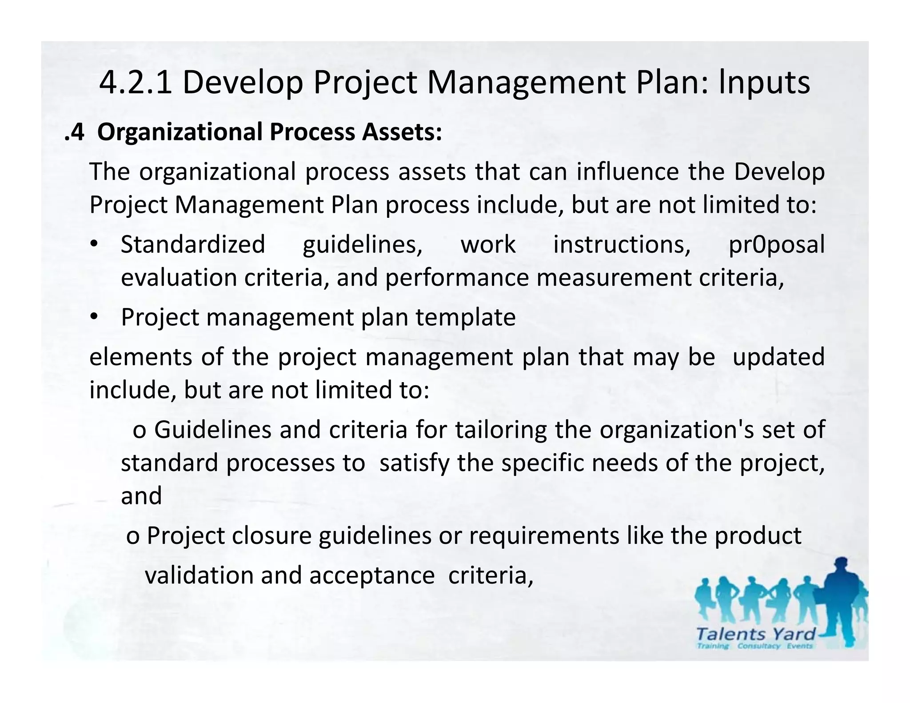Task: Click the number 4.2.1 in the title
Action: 136,83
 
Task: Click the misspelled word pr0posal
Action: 776,245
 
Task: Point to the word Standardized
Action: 193,245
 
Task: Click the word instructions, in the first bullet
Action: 622,245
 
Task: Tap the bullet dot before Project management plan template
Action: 94,317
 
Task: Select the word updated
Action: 778,357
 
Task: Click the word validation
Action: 199,575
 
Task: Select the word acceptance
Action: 372,575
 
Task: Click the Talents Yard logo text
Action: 756,634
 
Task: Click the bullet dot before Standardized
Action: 94,245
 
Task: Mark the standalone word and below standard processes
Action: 141,496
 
